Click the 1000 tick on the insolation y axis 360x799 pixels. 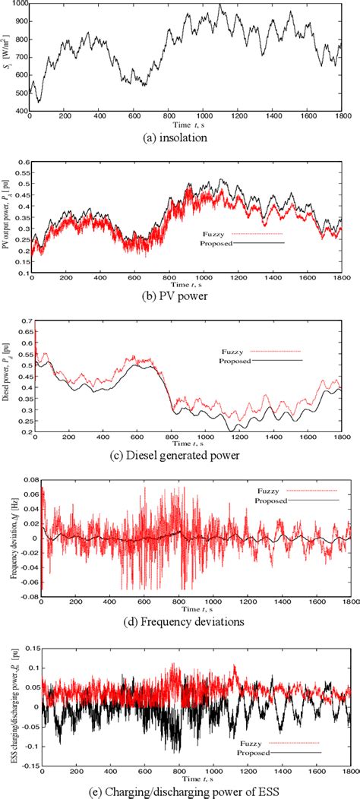click(18, 5)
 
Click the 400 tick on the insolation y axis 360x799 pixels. click(21, 112)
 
